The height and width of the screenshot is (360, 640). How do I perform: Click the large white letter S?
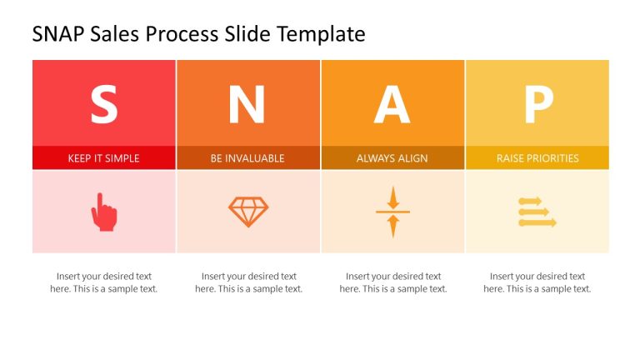click(x=103, y=105)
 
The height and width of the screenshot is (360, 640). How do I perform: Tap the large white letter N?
click(x=247, y=105)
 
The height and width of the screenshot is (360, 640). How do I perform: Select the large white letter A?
click(x=392, y=105)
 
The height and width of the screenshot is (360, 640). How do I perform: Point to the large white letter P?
click(x=537, y=105)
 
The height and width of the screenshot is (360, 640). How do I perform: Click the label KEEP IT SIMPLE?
click(x=103, y=158)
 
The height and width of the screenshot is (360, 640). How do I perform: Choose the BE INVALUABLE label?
click(x=247, y=158)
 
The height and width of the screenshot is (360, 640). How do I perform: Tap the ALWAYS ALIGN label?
click(x=392, y=158)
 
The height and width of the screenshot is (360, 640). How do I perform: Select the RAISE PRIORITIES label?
click(x=537, y=158)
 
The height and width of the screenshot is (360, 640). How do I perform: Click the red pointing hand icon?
click(x=103, y=212)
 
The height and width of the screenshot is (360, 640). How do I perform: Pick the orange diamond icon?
click(x=248, y=212)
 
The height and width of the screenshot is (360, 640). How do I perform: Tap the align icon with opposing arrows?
click(x=392, y=212)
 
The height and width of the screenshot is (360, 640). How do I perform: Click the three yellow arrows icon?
click(x=537, y=212)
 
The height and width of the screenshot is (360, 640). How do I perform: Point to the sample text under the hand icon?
click(x=103, y=282)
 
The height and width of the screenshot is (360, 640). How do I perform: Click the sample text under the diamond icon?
click(x=248, y=282)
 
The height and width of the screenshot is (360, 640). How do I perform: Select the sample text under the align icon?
click(x=392, y=282)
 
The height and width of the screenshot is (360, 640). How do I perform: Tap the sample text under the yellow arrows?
click(x=537, y=282)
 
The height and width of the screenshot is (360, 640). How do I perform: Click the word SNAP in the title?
click(x=58, y=34)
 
